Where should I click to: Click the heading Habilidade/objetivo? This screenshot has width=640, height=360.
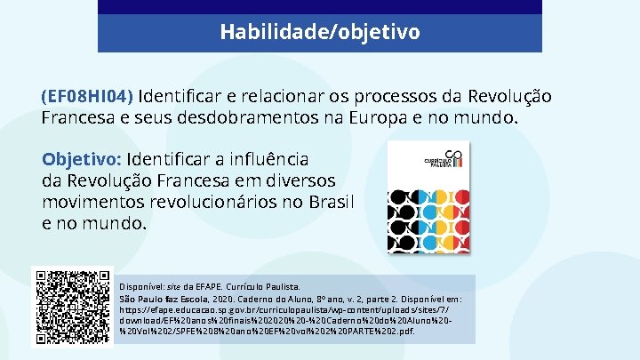point(320,33)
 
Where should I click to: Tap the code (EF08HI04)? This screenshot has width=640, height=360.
point(87,96)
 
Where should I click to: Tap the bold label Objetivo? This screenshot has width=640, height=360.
point(82,160)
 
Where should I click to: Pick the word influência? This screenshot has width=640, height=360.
point(263,160)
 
